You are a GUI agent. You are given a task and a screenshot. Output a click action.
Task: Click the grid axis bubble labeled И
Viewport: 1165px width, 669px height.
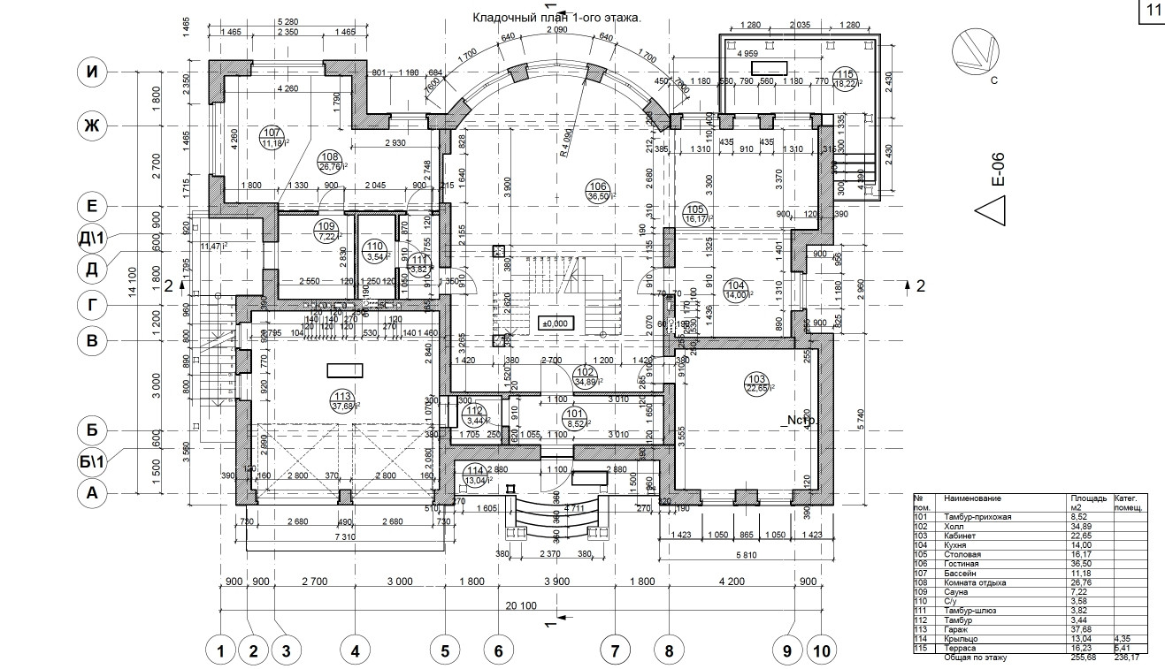click(x=91, y=72)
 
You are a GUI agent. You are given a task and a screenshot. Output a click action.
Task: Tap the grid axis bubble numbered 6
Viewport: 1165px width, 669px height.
click(x=498, y=651)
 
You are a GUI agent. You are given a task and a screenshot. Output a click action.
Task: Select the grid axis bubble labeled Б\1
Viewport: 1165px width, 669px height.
click(x=91, y=462)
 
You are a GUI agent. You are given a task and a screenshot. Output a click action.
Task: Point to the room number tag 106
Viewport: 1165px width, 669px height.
click(x=597, y=186)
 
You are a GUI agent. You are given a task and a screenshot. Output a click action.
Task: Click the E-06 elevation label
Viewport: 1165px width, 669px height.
click(x=998, y=168)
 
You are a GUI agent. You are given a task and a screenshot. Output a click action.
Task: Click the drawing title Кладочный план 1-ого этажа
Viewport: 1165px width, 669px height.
click(x=556, y=17)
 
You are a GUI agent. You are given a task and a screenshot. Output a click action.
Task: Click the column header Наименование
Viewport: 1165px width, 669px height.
click(x=973, y=498)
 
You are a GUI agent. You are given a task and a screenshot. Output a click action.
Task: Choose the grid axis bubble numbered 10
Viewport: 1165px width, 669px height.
click(x=822, y=651)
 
